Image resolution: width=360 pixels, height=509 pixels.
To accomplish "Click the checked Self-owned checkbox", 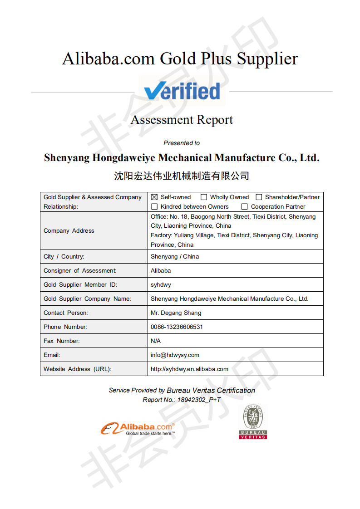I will coord(154,197).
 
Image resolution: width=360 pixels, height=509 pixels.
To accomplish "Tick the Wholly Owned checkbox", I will coord(204,197).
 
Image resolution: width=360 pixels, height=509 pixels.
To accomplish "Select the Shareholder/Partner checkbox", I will coord(259,197).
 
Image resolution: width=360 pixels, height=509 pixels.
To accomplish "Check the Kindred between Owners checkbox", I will coord(154,207).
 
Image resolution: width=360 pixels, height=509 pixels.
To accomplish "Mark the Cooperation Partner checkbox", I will coord(245,207).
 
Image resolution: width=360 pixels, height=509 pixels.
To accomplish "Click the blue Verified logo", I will coord(182,91).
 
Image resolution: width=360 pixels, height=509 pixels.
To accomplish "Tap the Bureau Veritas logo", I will coord(253,422).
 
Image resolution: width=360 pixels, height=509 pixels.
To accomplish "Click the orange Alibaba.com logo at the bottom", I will coord(138,428).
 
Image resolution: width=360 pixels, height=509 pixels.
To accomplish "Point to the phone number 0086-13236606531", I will coord(177,327).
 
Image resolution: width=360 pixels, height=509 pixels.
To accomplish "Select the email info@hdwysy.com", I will coord(175,355).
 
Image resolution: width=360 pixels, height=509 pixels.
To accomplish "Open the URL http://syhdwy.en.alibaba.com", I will coord(189,369).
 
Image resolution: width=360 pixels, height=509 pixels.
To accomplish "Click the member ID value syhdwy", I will coord(161,285).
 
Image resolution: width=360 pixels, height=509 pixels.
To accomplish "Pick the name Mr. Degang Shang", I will coord(176,313).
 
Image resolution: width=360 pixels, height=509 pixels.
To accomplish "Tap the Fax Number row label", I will coord(61,341).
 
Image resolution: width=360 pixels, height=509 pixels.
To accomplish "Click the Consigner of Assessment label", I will coord(80,271).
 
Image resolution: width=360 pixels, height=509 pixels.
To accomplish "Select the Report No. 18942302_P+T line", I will coord(182,400).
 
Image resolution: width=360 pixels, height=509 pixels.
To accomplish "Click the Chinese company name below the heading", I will coord(182,176).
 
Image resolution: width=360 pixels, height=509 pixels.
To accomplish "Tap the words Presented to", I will coord(182,143).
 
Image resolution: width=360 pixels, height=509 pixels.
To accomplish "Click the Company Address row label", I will coord(69,231).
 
